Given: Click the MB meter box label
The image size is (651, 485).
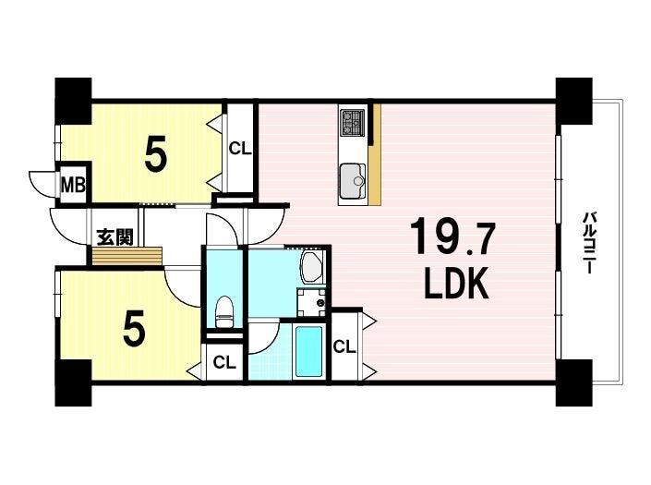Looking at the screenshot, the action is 73,185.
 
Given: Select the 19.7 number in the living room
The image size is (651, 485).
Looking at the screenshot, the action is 452,238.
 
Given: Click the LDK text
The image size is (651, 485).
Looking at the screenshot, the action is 455,284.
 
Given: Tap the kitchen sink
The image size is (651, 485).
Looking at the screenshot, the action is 353,181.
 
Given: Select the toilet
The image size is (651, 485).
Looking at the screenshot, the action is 224,312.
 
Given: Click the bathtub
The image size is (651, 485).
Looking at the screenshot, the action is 308,351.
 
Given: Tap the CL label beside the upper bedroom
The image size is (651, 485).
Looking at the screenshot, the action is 240,149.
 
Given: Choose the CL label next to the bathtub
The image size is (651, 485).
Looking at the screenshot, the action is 344,346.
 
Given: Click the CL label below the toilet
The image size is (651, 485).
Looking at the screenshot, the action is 224,362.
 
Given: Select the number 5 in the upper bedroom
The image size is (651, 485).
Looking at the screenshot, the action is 156,154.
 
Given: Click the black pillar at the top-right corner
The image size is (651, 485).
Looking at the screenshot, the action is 573,101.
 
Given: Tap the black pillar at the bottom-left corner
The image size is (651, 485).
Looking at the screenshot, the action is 73,382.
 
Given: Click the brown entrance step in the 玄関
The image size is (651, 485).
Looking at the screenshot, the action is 127,256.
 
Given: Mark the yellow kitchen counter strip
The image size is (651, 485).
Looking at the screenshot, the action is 376,154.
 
